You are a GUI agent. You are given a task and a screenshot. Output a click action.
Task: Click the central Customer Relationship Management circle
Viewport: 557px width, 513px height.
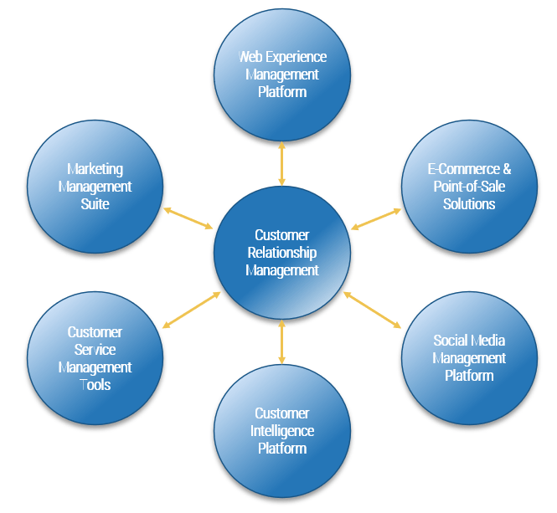click(281, 253)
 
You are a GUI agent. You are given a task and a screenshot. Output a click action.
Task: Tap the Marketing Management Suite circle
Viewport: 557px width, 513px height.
click(95, 186)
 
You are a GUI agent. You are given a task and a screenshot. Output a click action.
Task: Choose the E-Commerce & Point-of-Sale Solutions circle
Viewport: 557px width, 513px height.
click(469, 186)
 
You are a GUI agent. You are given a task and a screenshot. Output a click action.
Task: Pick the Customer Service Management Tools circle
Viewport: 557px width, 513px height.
click(95, 358)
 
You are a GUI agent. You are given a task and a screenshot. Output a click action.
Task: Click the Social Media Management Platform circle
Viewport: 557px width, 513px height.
click(469, 358)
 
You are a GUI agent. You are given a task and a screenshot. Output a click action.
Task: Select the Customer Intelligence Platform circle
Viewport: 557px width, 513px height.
click(281, 431)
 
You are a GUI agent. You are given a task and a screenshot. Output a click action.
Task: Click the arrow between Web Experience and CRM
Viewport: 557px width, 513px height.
click(281, 163)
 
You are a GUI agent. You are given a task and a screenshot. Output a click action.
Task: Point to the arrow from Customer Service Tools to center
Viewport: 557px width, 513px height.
click(191, 310)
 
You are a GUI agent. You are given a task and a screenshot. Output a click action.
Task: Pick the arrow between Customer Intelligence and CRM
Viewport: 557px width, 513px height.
click(281, 341)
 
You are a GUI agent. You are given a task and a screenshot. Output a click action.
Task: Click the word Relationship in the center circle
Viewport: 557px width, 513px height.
click(281, 253)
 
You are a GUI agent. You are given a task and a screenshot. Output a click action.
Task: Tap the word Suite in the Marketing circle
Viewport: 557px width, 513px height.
click(95, 203)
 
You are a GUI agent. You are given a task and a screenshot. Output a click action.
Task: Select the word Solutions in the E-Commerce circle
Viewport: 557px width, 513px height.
click(469, 203)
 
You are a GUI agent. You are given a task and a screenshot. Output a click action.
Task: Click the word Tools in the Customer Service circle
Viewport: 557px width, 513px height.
click(95, 384)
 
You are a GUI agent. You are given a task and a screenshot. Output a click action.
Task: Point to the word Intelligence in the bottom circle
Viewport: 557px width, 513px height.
click(281, 431)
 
